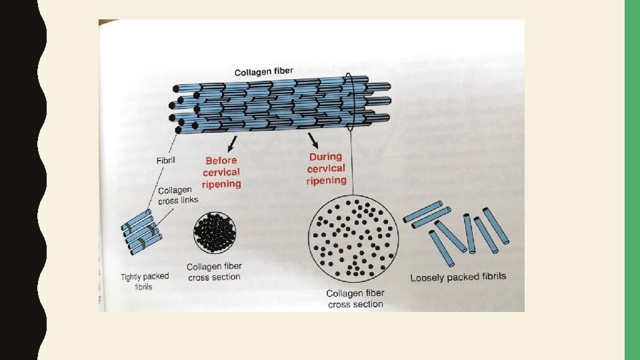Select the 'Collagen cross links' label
coord(178,195)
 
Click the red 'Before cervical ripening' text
coord(222,172)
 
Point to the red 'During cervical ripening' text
coord(326,169)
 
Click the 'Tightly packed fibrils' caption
coord(145,281)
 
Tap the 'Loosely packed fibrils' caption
coord(458,277)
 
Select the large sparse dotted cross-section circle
coord(354,239)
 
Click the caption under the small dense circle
coord(214,271)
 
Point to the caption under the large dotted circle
coord(355,299)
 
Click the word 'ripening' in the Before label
coord(222,184)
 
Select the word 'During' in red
coord(325,157)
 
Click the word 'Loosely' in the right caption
coord(427,277)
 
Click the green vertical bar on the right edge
coord(631,180)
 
